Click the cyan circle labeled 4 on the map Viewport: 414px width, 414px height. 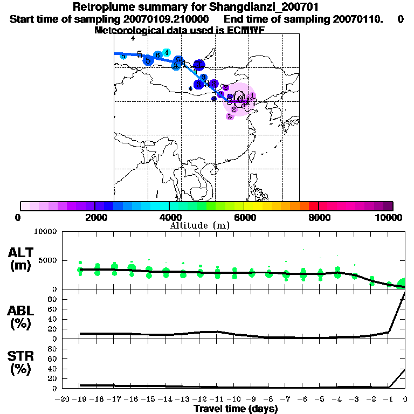point(167,52)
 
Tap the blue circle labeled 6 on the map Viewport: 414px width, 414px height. point(157,55)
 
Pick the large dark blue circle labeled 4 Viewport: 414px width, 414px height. point(199,65)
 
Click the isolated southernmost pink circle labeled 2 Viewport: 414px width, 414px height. point(230,116)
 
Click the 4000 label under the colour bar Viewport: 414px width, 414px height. point(169,217)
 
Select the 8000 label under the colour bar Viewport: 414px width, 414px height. point(319,217)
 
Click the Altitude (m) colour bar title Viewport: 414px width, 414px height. point(199,225)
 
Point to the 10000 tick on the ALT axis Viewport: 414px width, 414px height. point(45,232)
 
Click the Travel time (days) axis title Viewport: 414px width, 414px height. point(236,409)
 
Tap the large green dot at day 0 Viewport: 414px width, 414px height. point(403,284)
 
